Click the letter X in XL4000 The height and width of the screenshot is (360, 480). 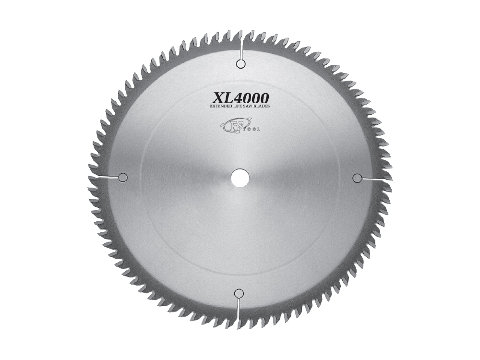(x=215, y=96)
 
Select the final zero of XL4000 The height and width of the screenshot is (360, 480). (x=264, y=96)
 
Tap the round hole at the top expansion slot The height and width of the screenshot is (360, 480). (x=241, y=64)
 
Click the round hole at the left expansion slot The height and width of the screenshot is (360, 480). (x=122, y=177)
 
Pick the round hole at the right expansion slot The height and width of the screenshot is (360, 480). (x=357, y=178)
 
